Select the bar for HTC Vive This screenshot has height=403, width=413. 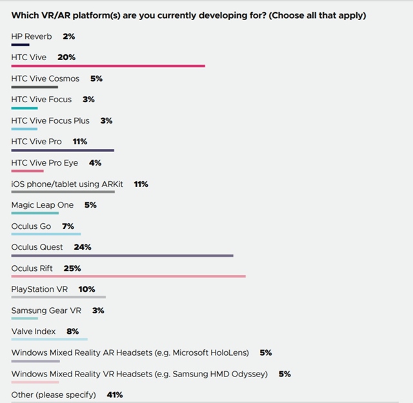click(x=108, y=65)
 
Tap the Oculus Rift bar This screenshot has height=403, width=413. click(x=128, y=276)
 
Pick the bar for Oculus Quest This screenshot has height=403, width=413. click(x=122, y=256)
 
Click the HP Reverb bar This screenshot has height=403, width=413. click(x=20, y=45)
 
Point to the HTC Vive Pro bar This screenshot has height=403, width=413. click(x=63, y=149)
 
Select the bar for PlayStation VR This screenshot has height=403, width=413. click(x=59, y=297)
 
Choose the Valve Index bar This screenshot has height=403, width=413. click(x=50, y=338)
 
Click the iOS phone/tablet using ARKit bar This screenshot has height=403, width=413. click(x=63, y=191)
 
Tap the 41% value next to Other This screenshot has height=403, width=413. click(x=115, y=395)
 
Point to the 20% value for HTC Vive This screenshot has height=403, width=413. click(x=66, y=58)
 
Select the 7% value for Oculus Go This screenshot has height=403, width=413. click(x=68, y=226)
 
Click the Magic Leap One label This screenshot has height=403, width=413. click(x=43, y=205)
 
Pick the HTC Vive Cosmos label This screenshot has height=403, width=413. click(x=45, y=79)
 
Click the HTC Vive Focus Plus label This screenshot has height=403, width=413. click(x=50, y=121)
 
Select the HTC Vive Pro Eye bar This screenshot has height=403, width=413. click(x=28, y=171)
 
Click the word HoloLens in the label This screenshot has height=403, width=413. click(x=228, y=353)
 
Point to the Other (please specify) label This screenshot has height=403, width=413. click(x=54, y=395)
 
